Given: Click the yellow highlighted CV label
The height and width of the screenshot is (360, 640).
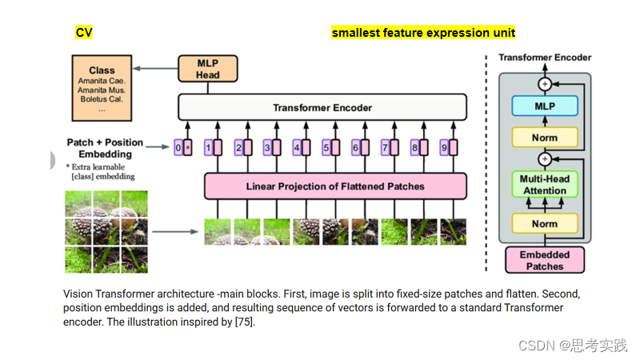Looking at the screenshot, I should [84, 33].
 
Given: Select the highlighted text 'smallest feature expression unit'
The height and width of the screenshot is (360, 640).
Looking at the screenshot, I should [423, 33].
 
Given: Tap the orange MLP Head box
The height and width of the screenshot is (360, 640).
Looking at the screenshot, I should [208, 69].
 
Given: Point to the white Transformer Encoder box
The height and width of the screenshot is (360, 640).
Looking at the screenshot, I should [322, 107].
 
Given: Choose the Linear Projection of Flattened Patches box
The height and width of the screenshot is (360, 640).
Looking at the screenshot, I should [335, 186].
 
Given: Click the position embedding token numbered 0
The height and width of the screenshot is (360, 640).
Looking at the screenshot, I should [183, 147].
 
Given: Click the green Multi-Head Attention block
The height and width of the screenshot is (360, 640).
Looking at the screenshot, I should [545, 185].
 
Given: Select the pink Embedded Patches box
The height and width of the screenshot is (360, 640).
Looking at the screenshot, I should [545, 260].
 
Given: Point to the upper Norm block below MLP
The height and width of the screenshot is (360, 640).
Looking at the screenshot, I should [545, 137].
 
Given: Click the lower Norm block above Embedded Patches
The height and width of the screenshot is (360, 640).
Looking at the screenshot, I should [545, 224].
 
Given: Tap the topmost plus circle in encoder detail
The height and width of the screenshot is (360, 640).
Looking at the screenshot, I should [545, 82].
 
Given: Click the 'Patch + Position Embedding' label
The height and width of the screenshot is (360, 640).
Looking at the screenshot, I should [105, 147].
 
